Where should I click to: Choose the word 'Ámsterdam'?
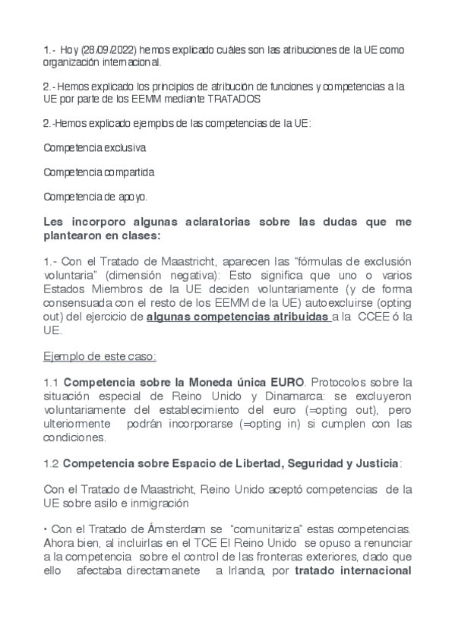pyautogui.click(x=177, y=527)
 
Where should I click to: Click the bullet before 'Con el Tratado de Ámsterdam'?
pyautogui.click(x=46, y=527)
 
